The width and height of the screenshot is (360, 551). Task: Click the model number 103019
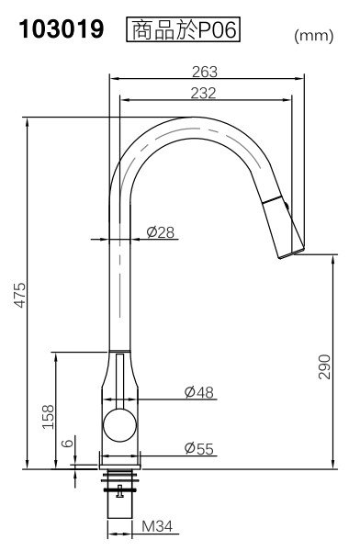pos(62,28)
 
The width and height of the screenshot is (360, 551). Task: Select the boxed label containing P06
pos(183,29)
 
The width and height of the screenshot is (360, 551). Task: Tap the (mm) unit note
pos(313,36)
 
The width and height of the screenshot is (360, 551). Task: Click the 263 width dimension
pos(205,72)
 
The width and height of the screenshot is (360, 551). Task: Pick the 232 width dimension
pos(204,93)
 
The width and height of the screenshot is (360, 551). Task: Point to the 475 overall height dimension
pos(20,295)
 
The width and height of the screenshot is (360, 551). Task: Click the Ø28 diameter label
pos(161,232)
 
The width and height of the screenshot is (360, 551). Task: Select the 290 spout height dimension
pos(324,366)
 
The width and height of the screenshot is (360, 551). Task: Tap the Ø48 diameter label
pos(199,392)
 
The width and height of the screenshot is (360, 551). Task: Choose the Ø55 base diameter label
pos(199,448)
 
